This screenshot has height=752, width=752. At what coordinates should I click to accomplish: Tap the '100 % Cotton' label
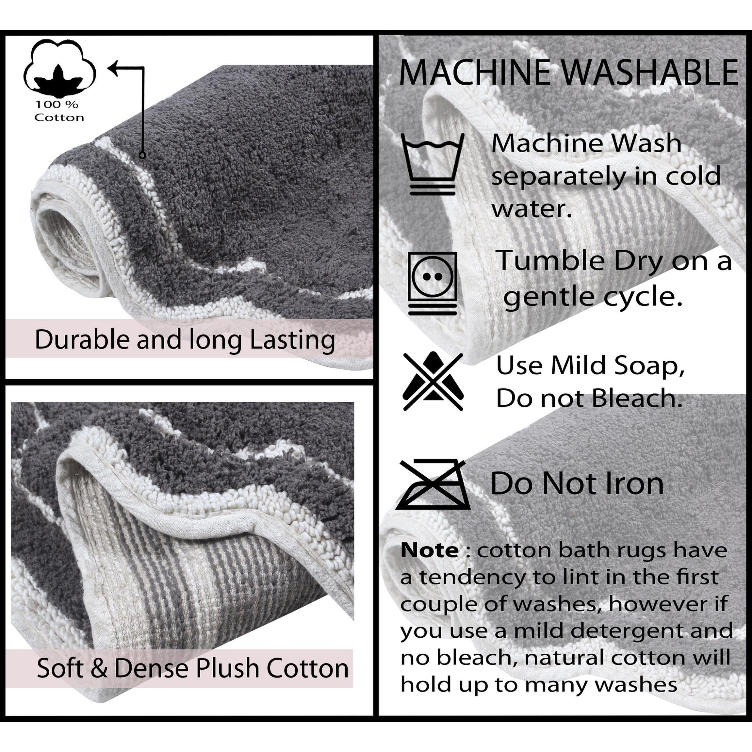[59, 111]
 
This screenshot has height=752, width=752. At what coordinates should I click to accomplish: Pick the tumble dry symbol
[433, 283]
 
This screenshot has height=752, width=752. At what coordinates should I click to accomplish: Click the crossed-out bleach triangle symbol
[433, 382]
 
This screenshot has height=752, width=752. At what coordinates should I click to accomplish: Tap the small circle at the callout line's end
[142, 155]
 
